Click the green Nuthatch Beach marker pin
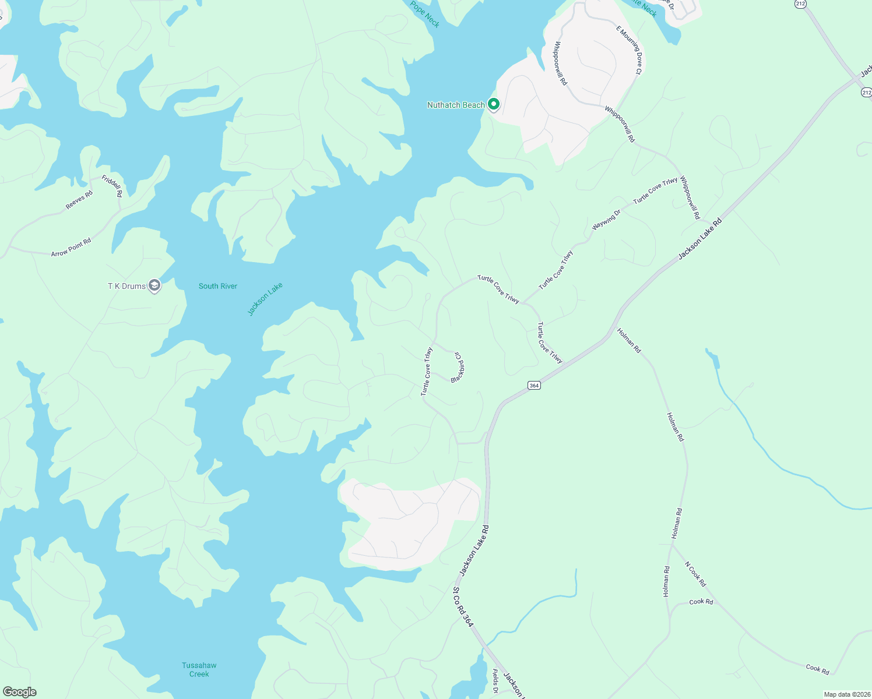click(493, 104)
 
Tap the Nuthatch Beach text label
click(456, 105)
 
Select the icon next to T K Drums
click(154, 285)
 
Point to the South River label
click(218, 286)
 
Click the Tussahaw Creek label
click(199, 669)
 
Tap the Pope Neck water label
click(425, 13)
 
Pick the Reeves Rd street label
click(79, 200)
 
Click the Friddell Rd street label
click(112, 185)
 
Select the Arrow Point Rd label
click(71, 248)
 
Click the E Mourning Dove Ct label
click(629, 50)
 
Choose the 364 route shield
click(534, 385)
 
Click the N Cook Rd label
click(695, 574)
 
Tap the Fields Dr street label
click(495, 681)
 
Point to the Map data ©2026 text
click(846, 694)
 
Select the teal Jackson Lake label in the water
click(265, 299)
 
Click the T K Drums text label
click(126, 286)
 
